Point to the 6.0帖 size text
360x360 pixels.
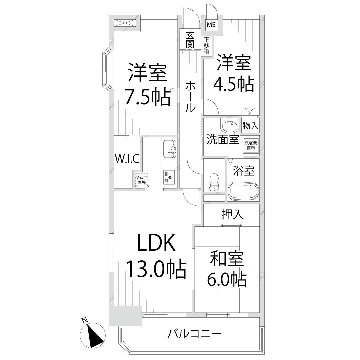coord(227,279)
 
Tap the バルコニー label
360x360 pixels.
coord(194,332)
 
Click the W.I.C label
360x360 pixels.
coord(127,158)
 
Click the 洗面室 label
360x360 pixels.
coord(221,139)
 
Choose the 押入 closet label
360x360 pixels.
coord(229,213)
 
